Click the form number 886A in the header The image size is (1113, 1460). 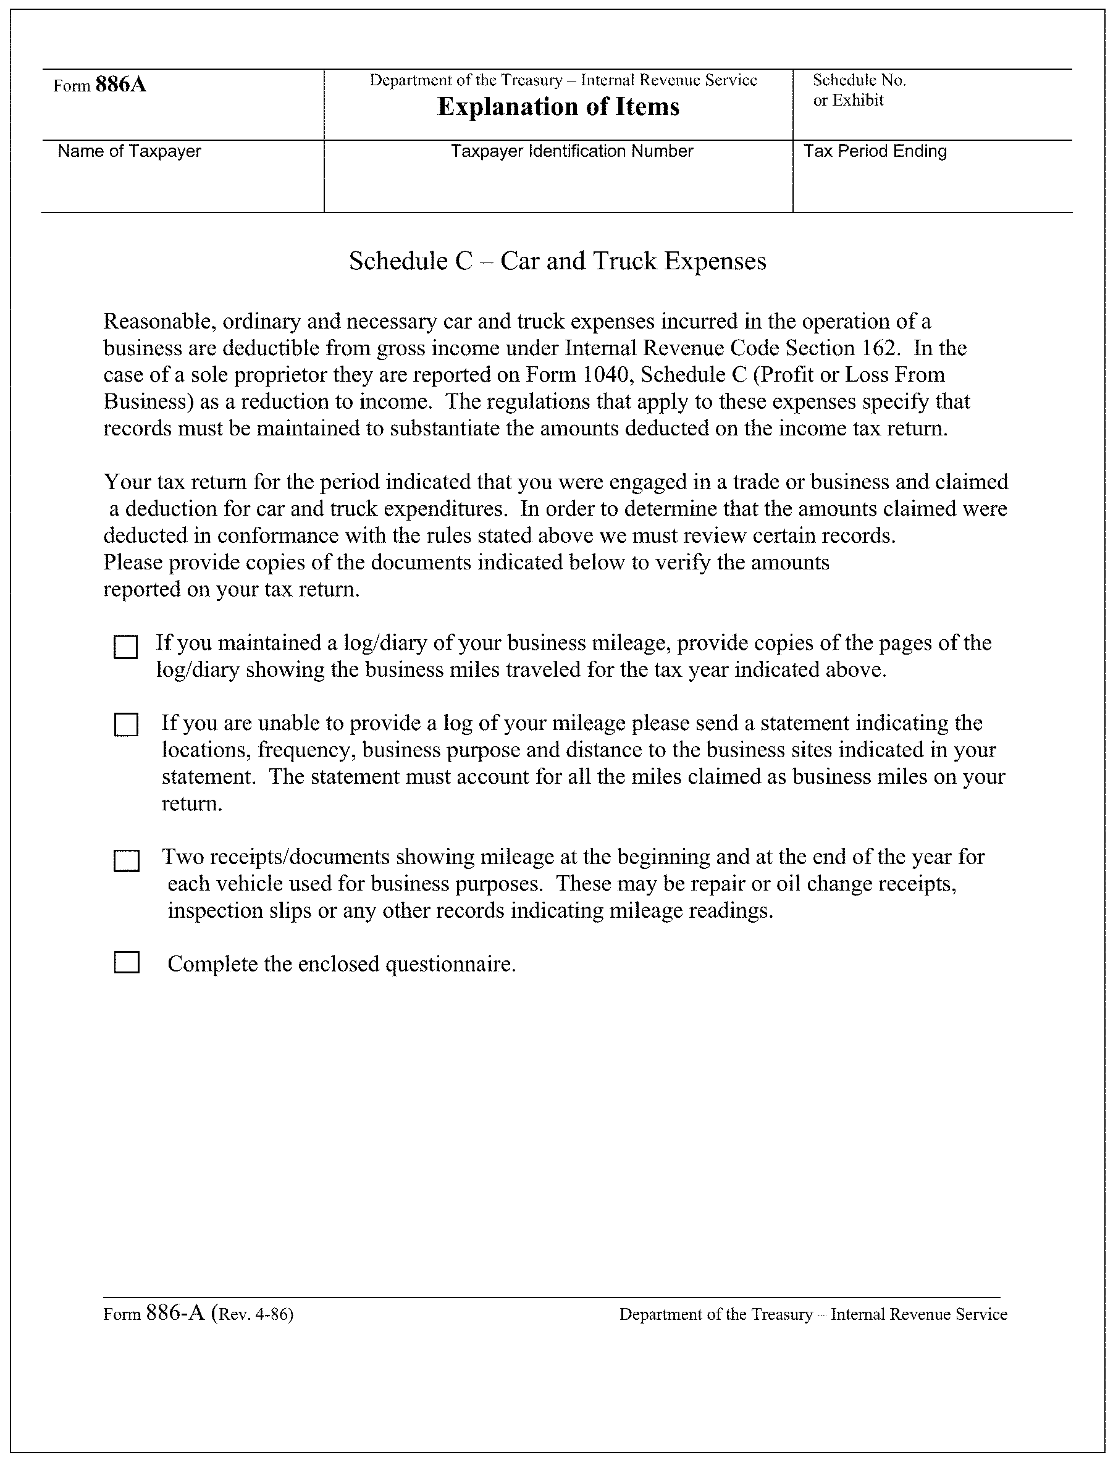(120, 85)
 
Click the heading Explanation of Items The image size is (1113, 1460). (558, 107)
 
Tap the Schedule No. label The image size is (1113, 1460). (859, 81)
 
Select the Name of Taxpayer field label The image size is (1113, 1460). (129, 152)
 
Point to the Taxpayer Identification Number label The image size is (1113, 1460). (572, 152)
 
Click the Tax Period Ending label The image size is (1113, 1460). (875, 152)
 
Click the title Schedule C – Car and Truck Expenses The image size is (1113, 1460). (557, 262)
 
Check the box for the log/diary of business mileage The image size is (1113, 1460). (126, 647)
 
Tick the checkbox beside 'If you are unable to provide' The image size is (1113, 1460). (126, 724)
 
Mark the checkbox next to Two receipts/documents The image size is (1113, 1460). (126, 861)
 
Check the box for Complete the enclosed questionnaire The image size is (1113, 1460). (127, 962)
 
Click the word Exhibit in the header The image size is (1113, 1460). (859, 101)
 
